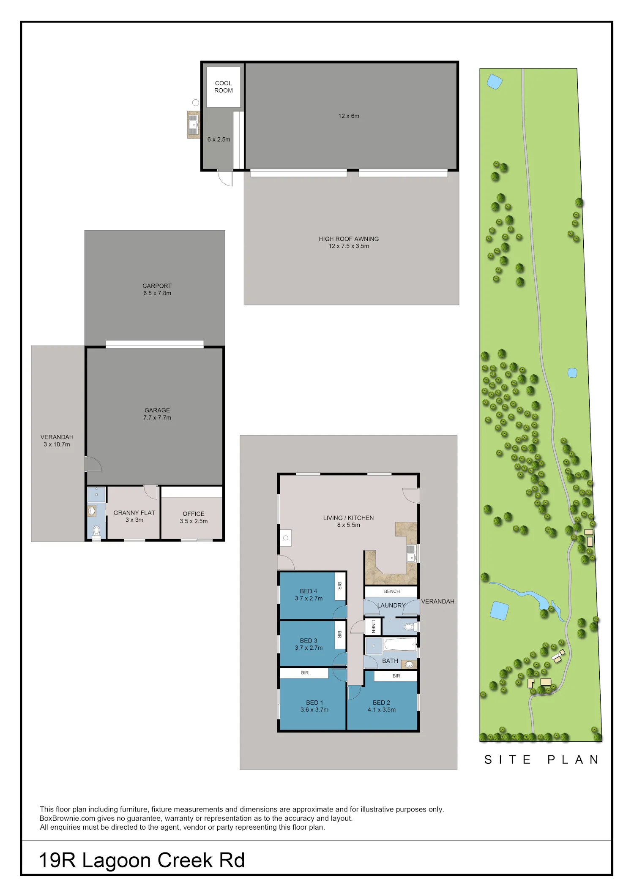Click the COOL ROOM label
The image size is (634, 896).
pos(224,87)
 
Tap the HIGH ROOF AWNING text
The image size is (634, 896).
pos(349,239)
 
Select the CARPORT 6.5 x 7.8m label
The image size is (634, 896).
pos(157,289)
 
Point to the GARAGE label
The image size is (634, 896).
pos(157,410)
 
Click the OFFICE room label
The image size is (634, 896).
pos(194,514)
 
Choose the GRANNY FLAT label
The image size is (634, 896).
pos(134,512)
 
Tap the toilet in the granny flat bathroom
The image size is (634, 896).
pos(96,533)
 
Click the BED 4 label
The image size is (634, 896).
pos(309,591)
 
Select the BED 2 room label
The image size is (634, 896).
pos(381,703)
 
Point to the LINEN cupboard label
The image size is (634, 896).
pos(373,626)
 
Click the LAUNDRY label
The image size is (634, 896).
pos(391,605)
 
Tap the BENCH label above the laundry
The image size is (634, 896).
pos(392,591)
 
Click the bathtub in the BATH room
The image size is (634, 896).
pos(400,645)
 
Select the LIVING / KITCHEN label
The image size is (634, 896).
pos(348,517)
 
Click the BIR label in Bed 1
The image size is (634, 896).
pos(305,673)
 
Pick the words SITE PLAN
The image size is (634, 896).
pos(541,760)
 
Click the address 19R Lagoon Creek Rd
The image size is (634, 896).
pos(142,861)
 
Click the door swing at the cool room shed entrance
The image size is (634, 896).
pos(225,178)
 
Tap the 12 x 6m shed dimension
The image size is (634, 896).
pos(349,116)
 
